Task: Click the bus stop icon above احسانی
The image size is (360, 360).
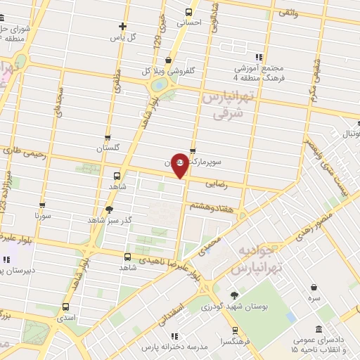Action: (188, 11)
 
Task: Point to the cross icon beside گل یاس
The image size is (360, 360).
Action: (122, 26)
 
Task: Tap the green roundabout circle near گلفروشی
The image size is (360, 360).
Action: (159, 86)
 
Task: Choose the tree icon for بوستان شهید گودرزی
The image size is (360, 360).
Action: (234, 295)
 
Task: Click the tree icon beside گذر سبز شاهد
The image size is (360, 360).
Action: (108, 209)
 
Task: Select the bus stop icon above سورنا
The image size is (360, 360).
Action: (42, 206)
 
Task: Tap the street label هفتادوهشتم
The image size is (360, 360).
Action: (212, 205)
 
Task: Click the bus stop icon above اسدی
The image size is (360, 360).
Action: (65, 307)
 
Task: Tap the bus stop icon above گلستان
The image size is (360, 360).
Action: (107, 137)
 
